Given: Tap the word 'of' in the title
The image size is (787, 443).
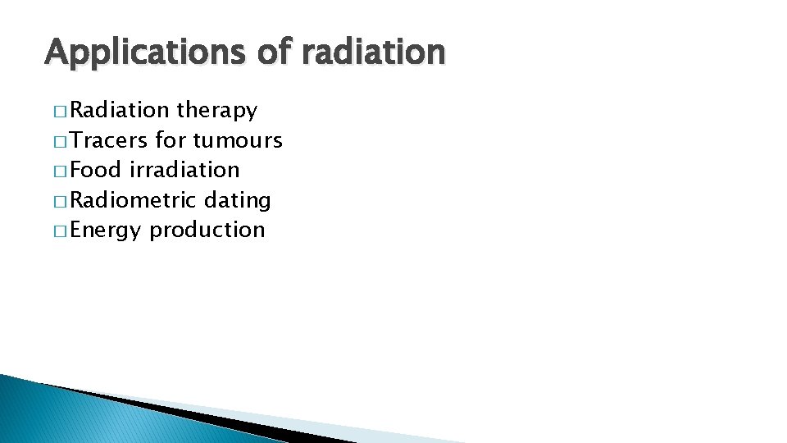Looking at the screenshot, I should pyautogui.click(x=273, y=52).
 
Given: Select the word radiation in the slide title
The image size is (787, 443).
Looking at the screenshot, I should pyautogui.click(x=373, y=52).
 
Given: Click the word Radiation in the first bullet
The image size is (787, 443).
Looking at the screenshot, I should pyautogui.click(x=120, y=110).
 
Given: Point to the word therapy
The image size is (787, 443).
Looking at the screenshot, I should pyautogui.click(x=216, y=111).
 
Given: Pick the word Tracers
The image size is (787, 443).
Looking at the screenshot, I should pyautogui.click(x=109, y=140).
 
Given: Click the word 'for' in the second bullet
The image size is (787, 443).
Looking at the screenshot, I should pyautogui.click(x=171, y=140).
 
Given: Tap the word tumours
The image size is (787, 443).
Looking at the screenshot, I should pyautogui.click(x=238, y=140).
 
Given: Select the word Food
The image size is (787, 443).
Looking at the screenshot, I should pyautogui.click(x=96, y=170).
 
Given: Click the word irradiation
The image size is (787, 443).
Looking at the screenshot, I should pyautogui.click(x=184, y=170).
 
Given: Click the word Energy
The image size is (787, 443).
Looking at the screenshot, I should pyautogui.click(x=106, y=231).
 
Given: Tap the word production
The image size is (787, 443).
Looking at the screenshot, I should pyautogui.click(x=207, y=231).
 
